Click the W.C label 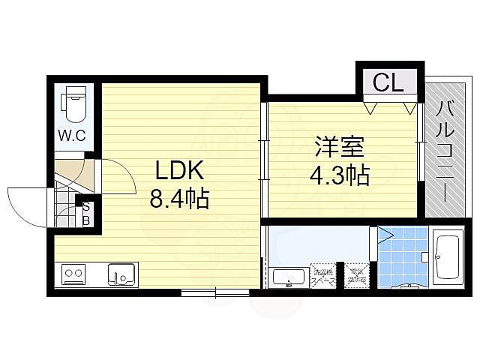(72, 136)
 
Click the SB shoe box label (86, 214)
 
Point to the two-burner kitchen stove (73, 274)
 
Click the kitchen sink (120, 274)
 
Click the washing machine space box (323, 274)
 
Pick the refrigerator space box (355, 274)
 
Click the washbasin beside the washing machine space (287, 277)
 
